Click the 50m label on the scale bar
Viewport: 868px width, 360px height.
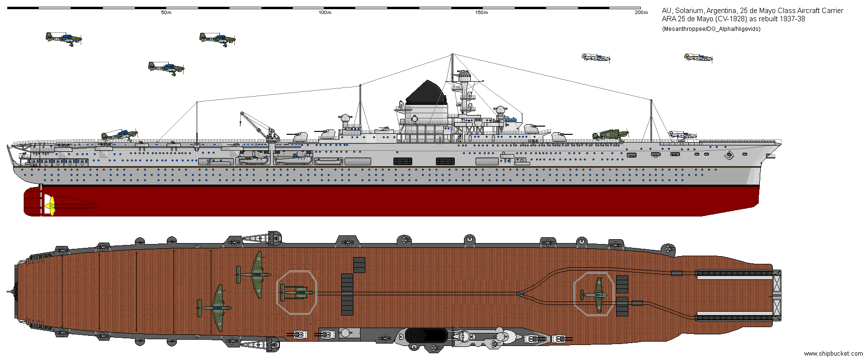click(166, 13)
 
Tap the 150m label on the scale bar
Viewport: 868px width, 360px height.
click(481, 13)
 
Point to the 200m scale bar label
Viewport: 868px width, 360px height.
click(641, 13)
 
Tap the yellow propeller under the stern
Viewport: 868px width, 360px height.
click(49, 205)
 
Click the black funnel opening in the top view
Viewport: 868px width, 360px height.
click(426, 334)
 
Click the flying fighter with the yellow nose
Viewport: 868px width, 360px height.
click(698, 58)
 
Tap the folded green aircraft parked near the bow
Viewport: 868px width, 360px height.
click(610, 135)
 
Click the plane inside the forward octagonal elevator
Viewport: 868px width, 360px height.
click(594, 294)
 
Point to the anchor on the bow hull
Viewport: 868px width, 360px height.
click(729, 155)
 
